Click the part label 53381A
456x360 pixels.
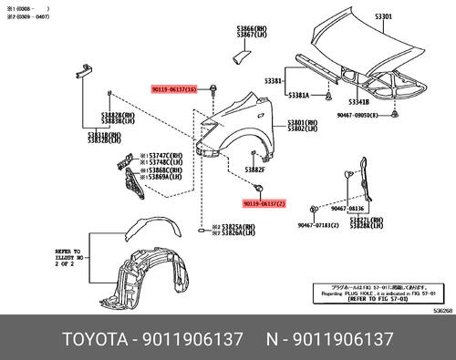[x=299, y=95]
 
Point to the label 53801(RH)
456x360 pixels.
[x=302, y=122]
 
